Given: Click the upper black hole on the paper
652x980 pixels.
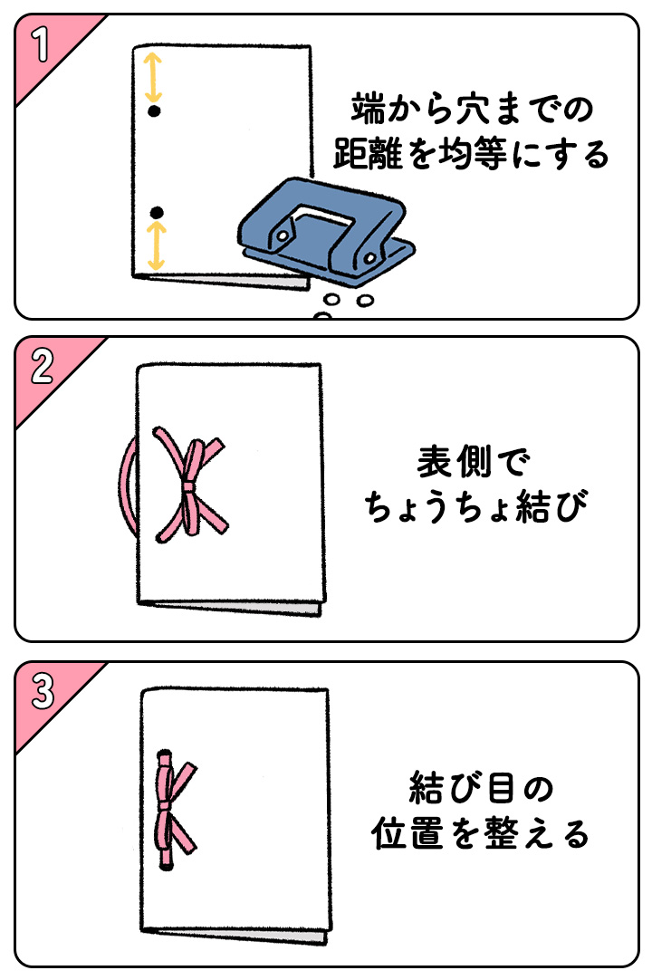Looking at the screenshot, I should (154, 111).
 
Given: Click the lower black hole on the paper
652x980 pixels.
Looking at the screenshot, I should (156, 212).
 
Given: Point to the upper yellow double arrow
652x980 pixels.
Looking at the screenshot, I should (153, 78).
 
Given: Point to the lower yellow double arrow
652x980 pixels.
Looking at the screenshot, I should (157, 246).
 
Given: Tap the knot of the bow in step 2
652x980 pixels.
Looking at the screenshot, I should (188, 487).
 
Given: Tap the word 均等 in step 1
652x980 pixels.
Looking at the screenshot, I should (470, 155).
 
